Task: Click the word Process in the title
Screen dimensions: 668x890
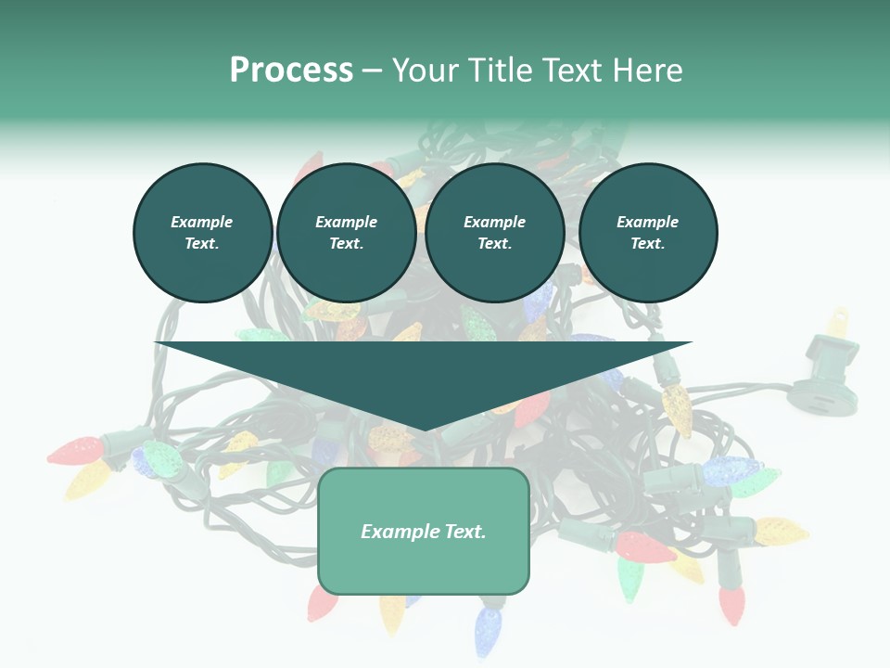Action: click(x=291, y=70)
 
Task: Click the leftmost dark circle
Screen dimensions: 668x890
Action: click(x=202, y=232)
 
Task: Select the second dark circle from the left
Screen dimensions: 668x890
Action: click(x=346, y=232)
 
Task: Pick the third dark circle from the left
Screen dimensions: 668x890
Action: click(x=494, y=232)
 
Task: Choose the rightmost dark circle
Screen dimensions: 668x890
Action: click(x=647, y=232)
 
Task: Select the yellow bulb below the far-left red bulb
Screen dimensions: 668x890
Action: click(x=88, y=480)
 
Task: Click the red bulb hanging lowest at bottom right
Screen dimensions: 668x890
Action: click(x=732, y=603)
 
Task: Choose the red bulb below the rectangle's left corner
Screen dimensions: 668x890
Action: click(x=322, y=603)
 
